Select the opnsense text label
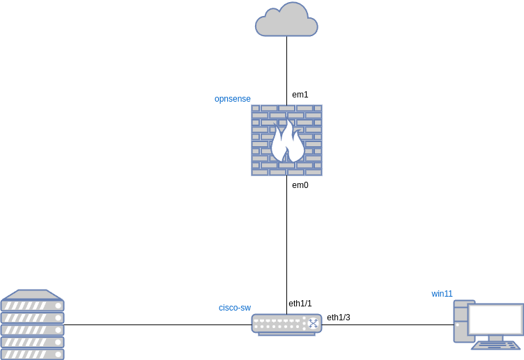232,99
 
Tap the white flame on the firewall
287,143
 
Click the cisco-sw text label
234,308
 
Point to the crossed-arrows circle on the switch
313,323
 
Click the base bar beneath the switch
286,334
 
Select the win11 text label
442,294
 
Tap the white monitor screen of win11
495,320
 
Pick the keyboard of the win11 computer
495,345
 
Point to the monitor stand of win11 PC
495,338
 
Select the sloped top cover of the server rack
32,295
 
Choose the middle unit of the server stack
32,330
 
